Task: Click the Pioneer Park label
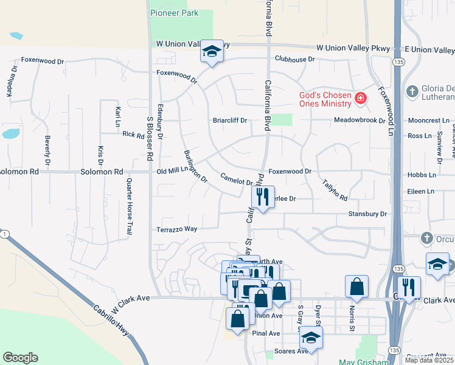(x=175, y=12)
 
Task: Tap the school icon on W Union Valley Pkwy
(x=212, y=52)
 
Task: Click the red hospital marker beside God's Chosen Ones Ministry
(x=361, y=97)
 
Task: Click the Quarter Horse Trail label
(x=129, y=206)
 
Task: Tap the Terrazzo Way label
(x=177, y=229)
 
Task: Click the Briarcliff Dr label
(x=229, y=120)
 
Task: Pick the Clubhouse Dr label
(x=294, y=59)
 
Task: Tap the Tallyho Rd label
(x=334, y=189)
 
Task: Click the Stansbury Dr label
(x=367, y=214)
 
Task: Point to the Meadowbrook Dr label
(x=359, y=120)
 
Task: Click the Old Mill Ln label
(x=174, y=172)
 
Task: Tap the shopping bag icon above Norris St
(x=356, y=287)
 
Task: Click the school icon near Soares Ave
(x=311, y=338)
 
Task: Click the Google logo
(x=21, y=358)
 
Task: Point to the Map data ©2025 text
(x=429, y=360)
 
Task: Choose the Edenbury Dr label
(x=161, y=121)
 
